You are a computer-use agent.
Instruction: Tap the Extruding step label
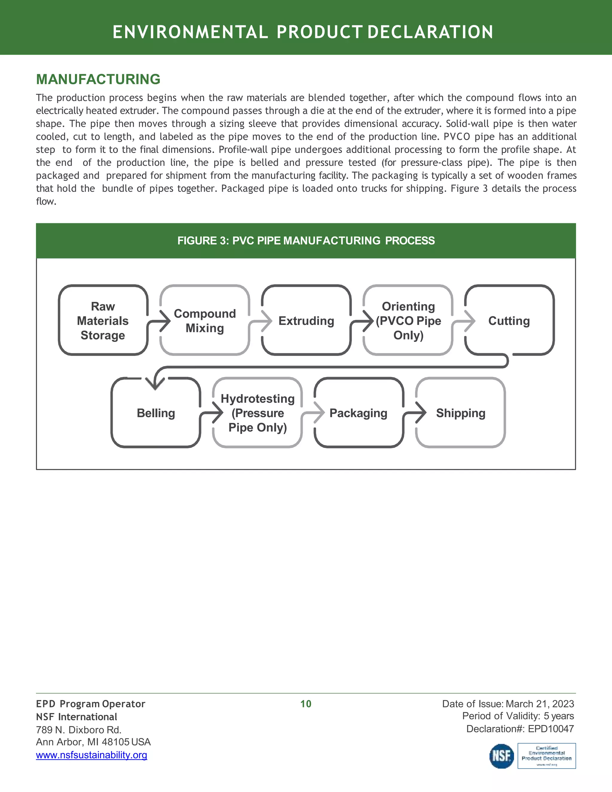(306, 321)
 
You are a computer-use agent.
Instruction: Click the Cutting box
(509, 321)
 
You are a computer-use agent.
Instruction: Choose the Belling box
(156, 413)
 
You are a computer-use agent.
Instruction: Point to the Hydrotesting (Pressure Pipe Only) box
(257, 413)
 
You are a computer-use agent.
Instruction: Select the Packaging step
(358, 413)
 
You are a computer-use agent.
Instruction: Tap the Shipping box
(460, 413)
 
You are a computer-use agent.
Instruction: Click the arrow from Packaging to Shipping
(417, 413)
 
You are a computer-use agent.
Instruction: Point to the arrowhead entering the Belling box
(155, 383)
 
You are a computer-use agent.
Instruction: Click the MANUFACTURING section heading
(98, 79)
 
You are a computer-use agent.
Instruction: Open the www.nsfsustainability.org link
(91, 755)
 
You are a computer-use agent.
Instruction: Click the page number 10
(306, 704)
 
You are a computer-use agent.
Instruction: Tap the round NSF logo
(501, 756)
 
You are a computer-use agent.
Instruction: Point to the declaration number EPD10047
(551, 729)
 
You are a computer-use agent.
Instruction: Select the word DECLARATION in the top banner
(430, 32)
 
